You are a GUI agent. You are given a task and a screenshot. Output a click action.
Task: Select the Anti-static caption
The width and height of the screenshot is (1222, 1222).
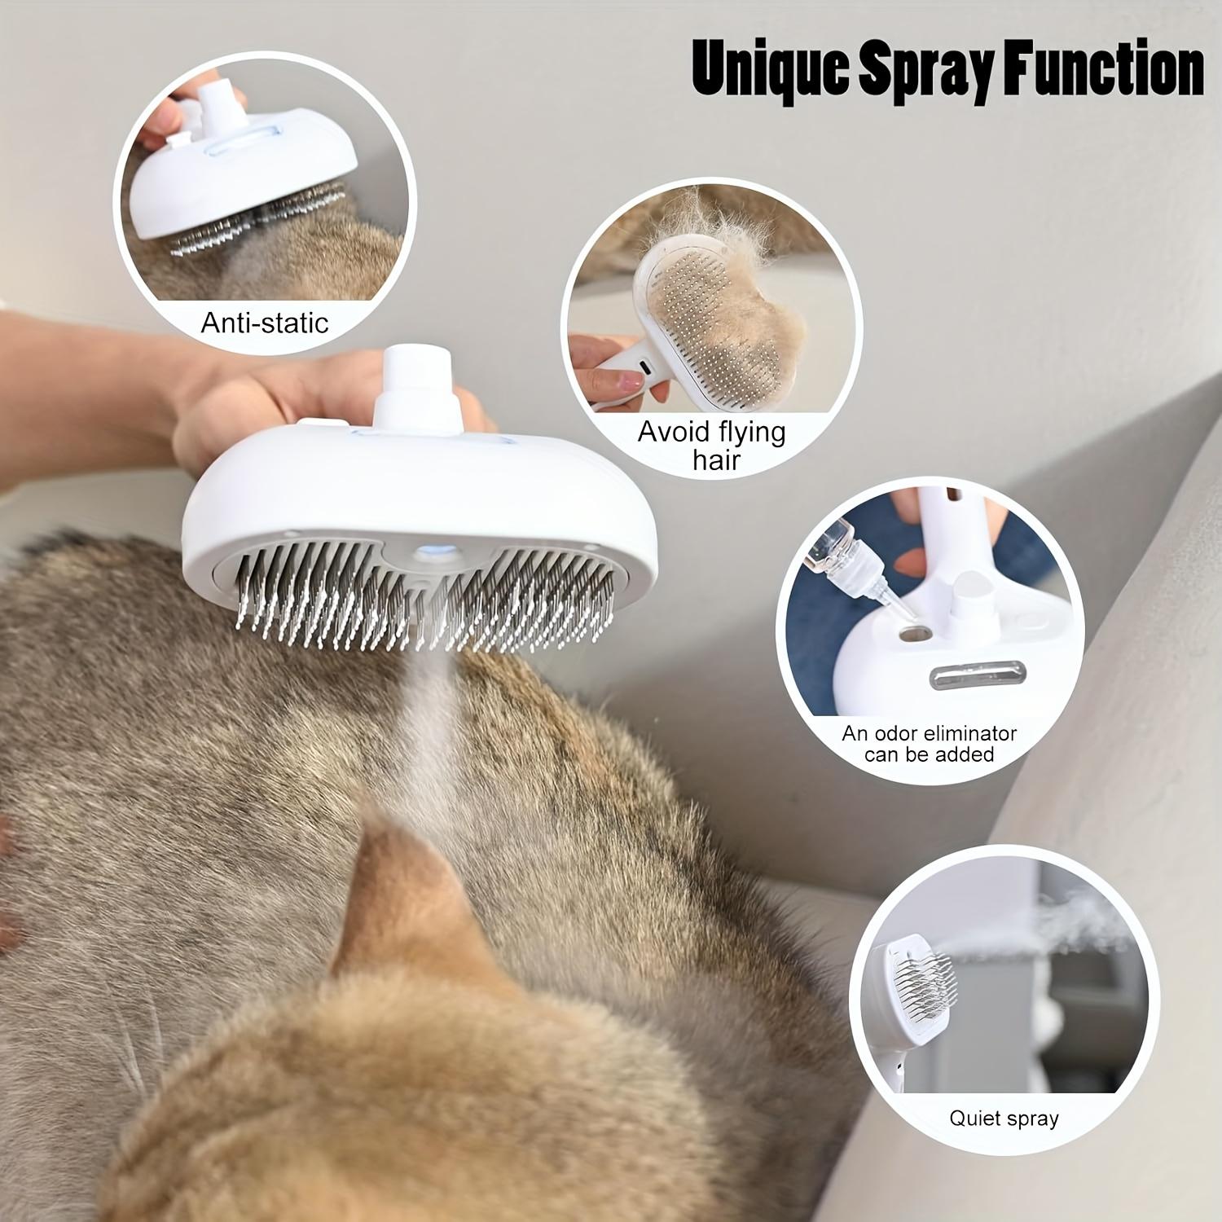(x=265, y=323)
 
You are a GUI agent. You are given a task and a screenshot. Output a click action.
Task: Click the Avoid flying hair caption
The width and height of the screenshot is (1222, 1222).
(x=712, y=445)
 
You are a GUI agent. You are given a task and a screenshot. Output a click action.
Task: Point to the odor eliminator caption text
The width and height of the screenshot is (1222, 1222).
(x=930, y=743)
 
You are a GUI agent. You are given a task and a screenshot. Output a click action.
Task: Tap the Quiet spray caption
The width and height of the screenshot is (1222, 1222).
(x=1004, y=1118)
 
